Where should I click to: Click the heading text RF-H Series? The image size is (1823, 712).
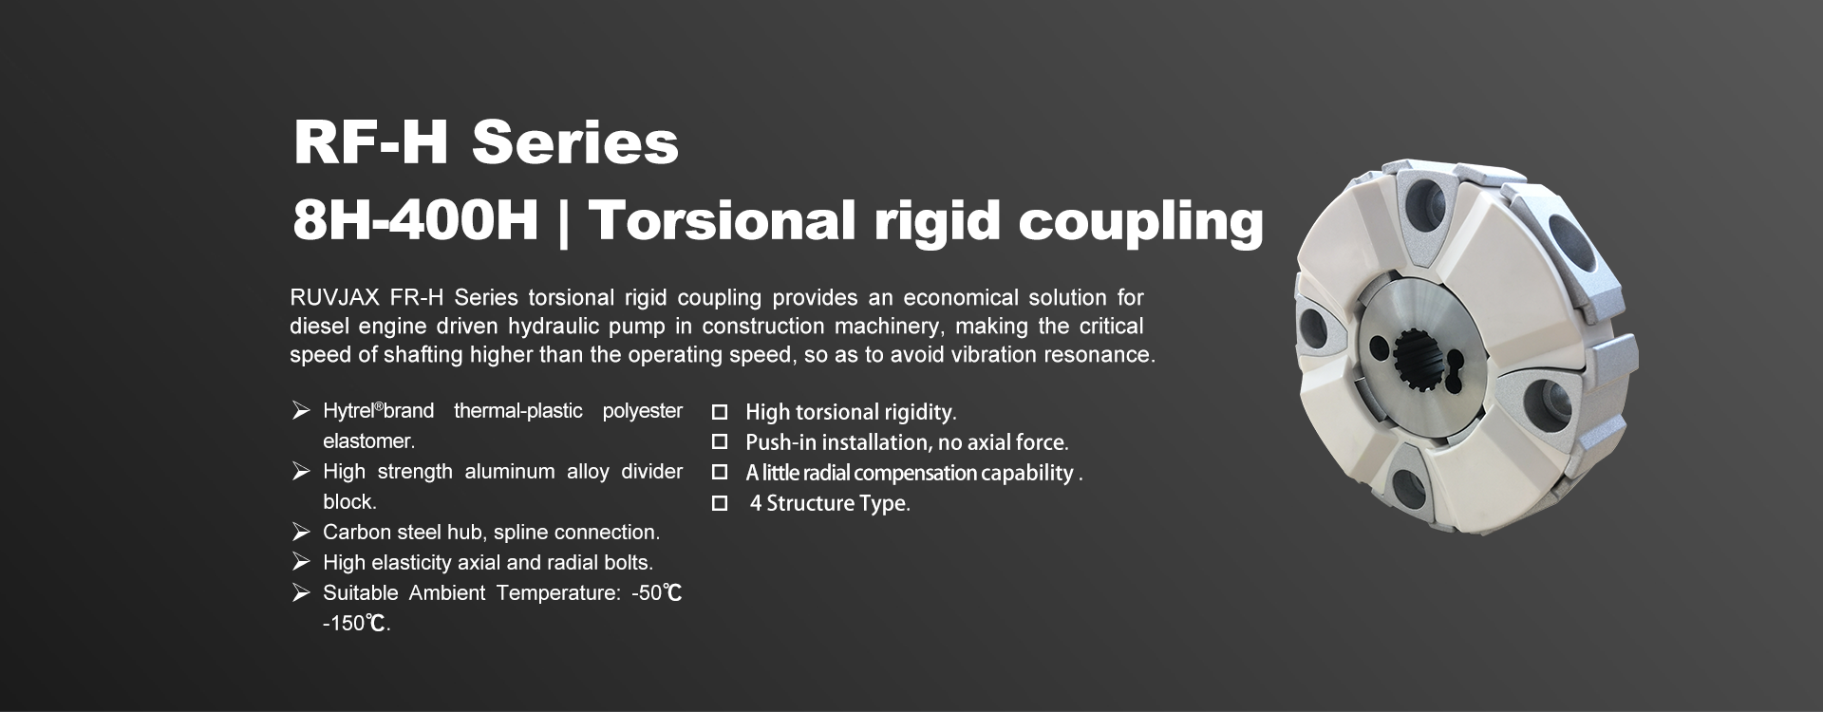tap(486, 142)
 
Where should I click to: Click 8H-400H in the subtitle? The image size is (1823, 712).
tap(416, 220)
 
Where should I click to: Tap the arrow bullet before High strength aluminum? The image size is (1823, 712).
tap(301, 472)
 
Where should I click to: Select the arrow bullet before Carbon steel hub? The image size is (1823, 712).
tap(301, 533)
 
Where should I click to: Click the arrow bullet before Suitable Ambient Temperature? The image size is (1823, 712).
tap(301, 593)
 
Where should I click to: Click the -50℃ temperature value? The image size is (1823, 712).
tap(656, 593)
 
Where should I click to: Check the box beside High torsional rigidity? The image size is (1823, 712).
tap(720, 412)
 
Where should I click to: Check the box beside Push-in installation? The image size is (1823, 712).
tap(720, 442)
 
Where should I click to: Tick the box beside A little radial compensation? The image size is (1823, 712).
tap(720, 473)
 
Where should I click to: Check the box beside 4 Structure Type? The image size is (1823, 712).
tap(720, 503)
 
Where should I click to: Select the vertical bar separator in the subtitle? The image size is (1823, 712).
tap(564, 222)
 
